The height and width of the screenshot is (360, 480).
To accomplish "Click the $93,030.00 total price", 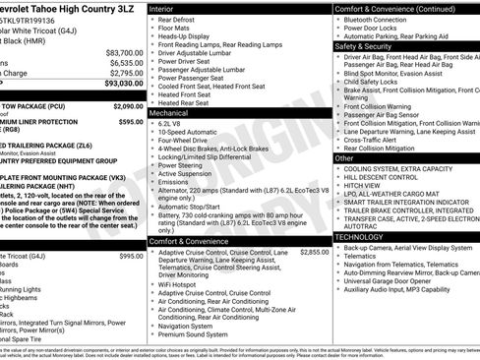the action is click(x=122, y=84).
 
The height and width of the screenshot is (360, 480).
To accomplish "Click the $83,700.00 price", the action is click(x=124, y=51).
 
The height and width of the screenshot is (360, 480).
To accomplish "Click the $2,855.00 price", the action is click(x=314, y=252).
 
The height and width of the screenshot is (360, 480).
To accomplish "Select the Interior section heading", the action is click(x=162, y=8).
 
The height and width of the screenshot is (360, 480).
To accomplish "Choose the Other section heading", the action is click(x=344, y=157).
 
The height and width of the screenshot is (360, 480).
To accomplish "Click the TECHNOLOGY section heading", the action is click(x=359, y=237).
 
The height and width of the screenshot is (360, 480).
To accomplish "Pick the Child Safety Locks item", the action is click(x=379, y=82).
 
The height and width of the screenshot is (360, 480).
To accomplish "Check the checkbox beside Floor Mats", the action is click(x=151, y=30).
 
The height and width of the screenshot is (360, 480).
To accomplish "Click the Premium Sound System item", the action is click(x=201, y=334).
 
